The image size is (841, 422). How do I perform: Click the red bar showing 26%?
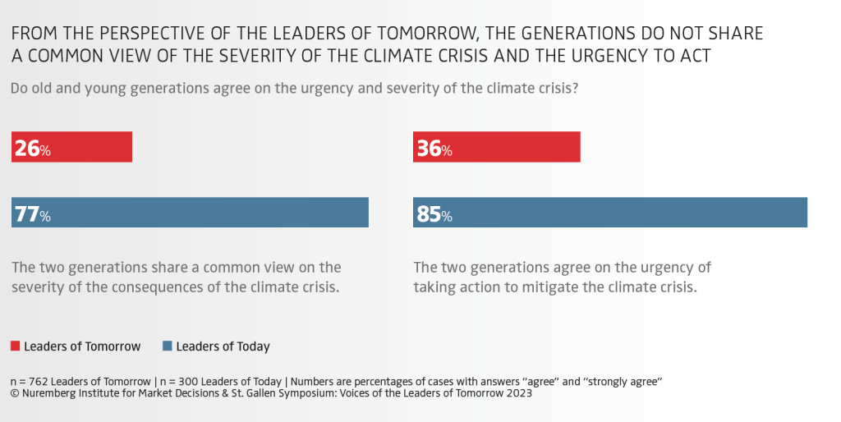coord(72,147)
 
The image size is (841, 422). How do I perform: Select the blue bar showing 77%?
coord(190,213)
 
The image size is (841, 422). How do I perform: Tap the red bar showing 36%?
coord(497,147)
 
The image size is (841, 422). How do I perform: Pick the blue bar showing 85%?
coord(610,213)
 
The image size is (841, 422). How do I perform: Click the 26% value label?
coord(33,148)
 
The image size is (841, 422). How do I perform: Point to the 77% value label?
coord(33,214)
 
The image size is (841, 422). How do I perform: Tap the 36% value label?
coord(434,148)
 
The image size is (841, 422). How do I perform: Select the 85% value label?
coord(434,214)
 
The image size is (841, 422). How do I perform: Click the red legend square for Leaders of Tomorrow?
coord(15,346)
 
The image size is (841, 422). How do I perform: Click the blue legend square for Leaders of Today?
coord(168,346)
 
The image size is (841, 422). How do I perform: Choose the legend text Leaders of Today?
coord(223,347)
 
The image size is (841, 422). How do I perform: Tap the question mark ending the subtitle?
coord(575,88)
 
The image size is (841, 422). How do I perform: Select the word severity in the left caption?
coord(47,287)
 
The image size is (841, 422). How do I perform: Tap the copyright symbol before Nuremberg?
coord(14,393)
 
